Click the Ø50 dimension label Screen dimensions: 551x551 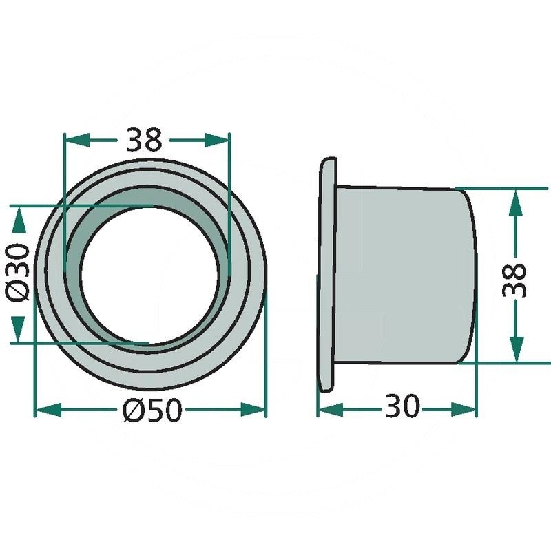(152, 410)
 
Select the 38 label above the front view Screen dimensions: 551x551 (144, 140)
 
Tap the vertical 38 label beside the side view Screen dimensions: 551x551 (514, 280)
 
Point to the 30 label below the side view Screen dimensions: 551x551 (402, 406)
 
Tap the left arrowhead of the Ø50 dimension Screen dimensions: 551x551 (48, 410)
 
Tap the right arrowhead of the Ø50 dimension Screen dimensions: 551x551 (252, 410)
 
